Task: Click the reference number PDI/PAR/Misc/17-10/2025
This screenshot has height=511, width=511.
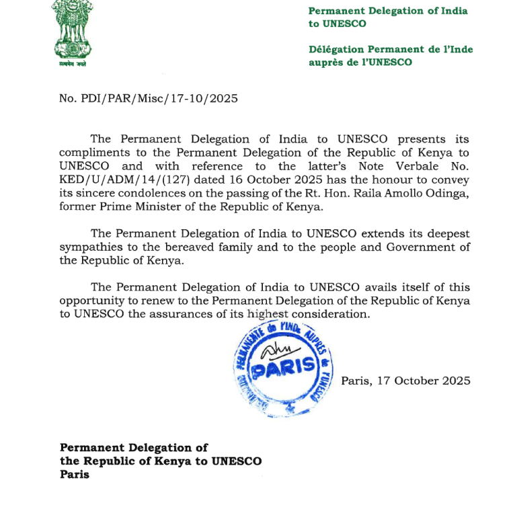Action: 149,98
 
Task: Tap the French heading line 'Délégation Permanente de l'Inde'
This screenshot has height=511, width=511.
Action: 391,49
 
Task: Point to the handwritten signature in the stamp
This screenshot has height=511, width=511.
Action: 274,350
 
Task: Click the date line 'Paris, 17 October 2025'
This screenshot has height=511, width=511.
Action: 405,381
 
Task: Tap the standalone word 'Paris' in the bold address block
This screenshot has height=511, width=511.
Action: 74,475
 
